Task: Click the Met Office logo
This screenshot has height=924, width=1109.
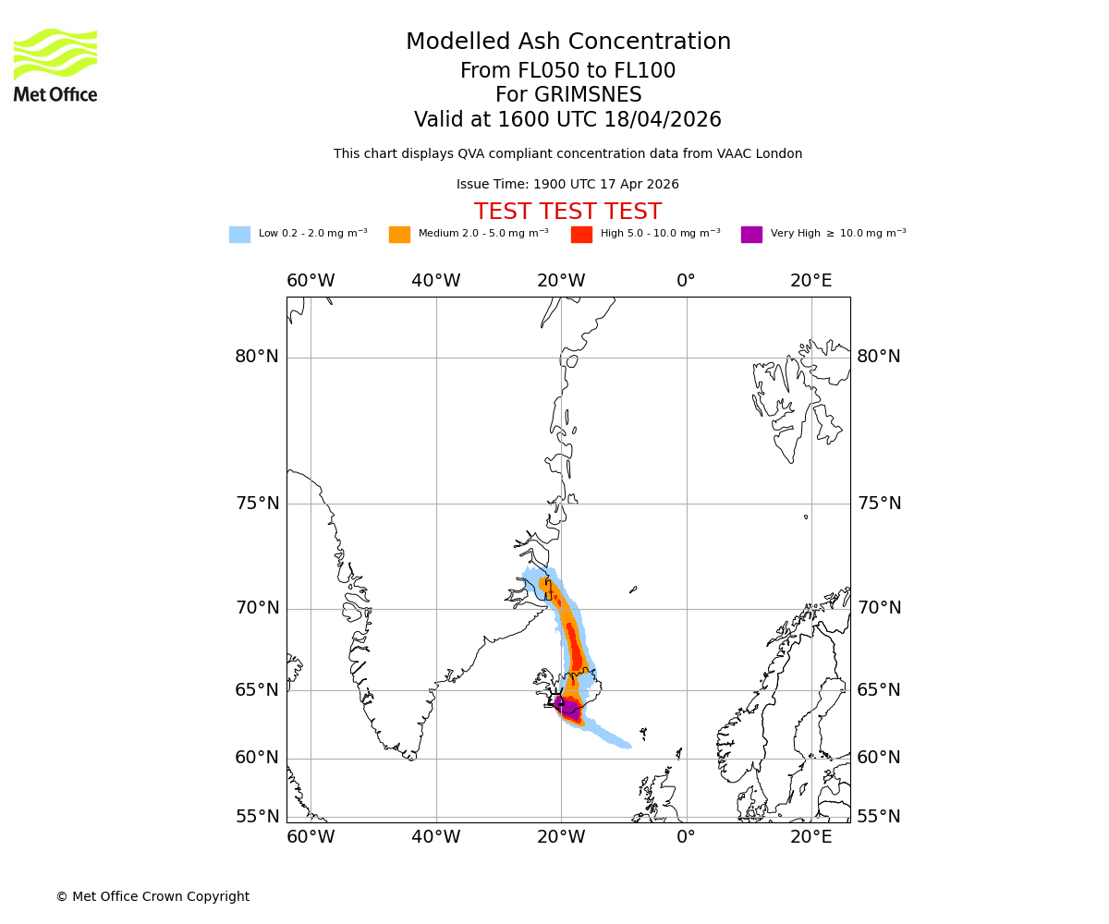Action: click(x=55, y=65)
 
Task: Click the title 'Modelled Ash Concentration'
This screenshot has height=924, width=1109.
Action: click(x=567, y=43)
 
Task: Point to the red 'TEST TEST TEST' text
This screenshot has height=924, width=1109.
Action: click(x=567, y=212)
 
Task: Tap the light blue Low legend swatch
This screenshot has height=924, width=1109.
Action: click(x=239, y=235)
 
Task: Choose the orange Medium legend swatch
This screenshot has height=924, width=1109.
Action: click(x=399, y=235)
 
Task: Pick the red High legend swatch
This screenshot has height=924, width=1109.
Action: click(x=581, y=235)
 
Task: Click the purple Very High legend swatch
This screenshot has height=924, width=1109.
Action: click(x=751, y=235)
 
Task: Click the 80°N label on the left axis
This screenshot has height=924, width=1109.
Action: click(x=256, y=357)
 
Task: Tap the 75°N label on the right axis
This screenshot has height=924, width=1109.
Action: click(x=878, y=504)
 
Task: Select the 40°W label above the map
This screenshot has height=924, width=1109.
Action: click(x=435, y=281)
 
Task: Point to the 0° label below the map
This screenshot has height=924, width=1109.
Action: click(x=686, y=837)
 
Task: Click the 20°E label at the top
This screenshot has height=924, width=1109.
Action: click(x=810, y=281)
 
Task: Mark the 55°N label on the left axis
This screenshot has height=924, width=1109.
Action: click(x=256, y=817)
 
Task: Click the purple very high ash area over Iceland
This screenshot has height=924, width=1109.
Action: click(x=570, y=710)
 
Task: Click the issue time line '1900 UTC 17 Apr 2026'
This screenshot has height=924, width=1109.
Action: click(x=605, y=185)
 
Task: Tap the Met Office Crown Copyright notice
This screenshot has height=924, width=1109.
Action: click(x=152, y=897)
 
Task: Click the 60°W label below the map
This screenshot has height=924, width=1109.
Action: click(x=311, y=837)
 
